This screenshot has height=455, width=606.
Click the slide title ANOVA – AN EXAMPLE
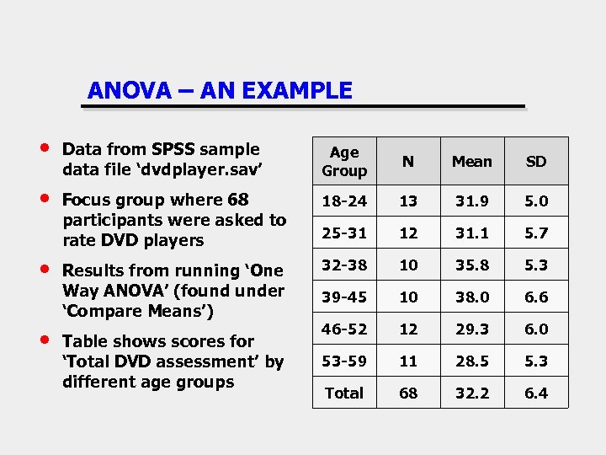pos(220,90)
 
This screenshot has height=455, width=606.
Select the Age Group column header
pos(344,161)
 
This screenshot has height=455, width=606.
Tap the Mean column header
pos(471,161)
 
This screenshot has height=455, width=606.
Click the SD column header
pos(536,161)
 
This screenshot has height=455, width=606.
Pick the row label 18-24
pos(344,201)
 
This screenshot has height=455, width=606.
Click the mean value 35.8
pos(471,265)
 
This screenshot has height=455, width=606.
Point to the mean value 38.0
pos(471,297)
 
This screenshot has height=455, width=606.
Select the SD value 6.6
pos(536,297)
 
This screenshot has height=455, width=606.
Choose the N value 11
pos(407,361)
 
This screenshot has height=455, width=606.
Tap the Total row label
pos(344,393)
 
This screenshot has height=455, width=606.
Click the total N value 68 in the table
pos(407,393)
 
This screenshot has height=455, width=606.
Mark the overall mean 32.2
pos(471,393)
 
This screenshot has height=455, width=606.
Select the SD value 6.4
pos(536,393)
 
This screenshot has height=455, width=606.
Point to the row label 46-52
pos(344,329)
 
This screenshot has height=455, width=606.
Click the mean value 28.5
pos(471,361)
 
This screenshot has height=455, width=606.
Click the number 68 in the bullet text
pos(237,200)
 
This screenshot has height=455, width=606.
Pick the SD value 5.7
pos(536,233)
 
